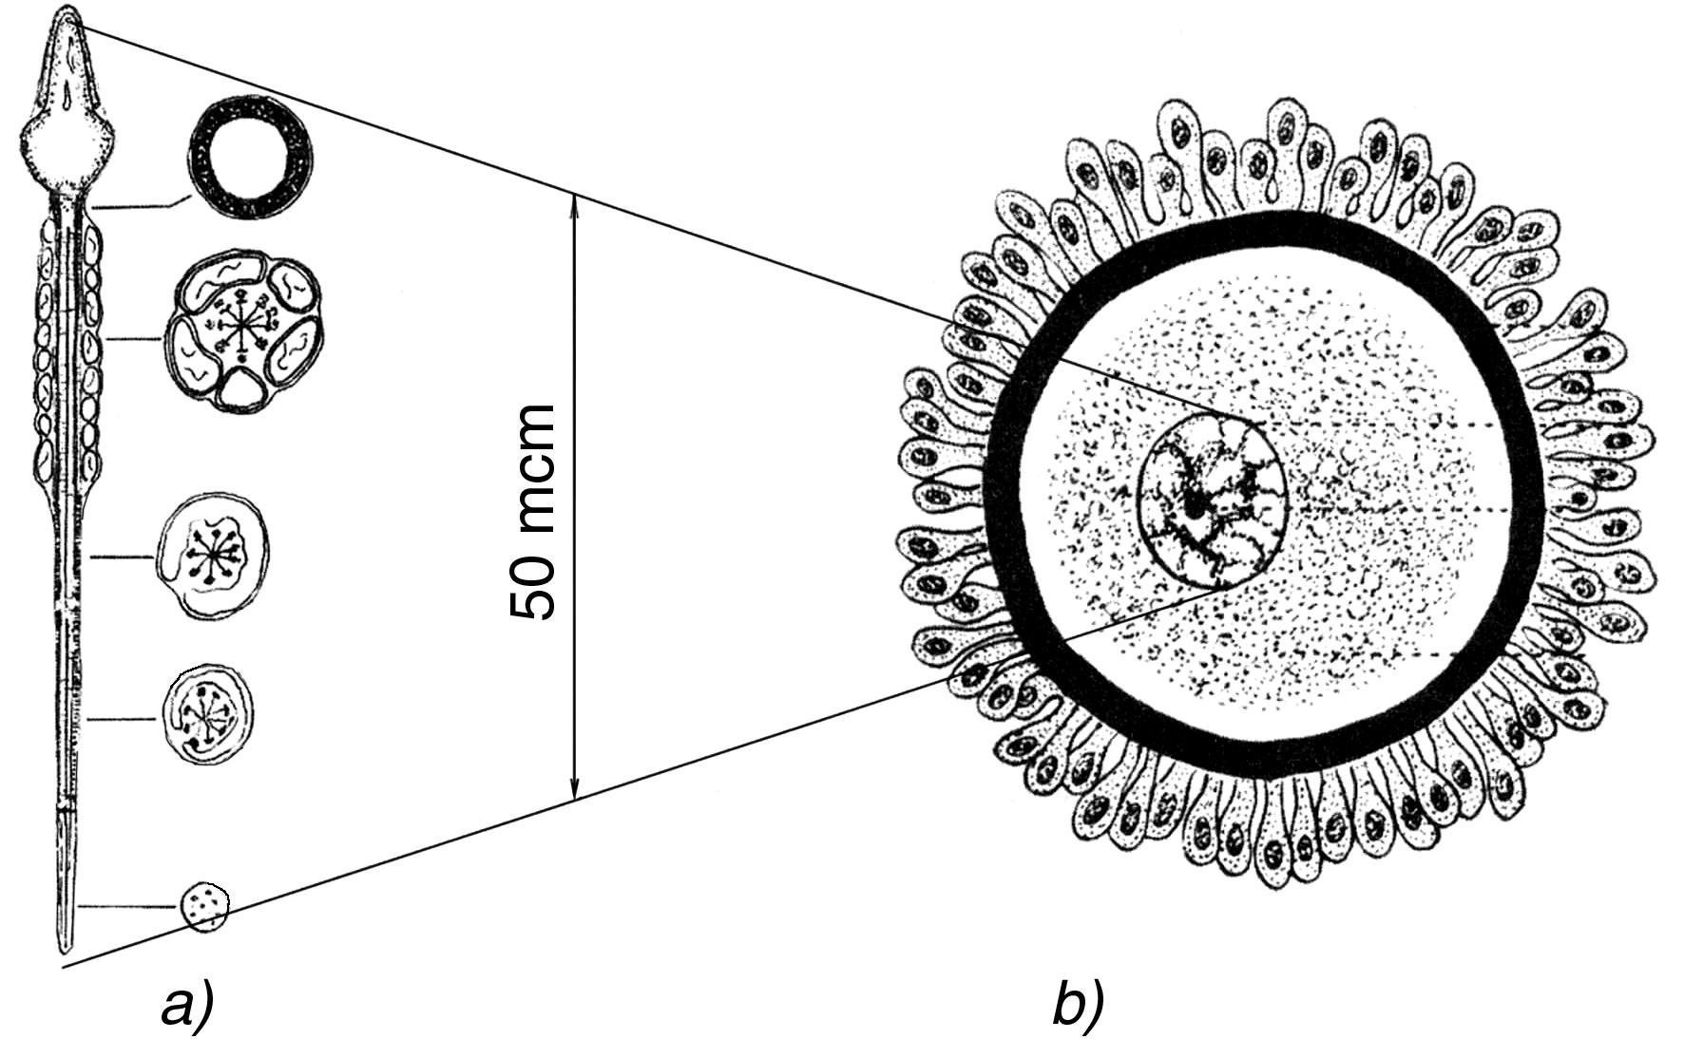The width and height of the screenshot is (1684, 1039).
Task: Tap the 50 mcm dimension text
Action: coord(532,513)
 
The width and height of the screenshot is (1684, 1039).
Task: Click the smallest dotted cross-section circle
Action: coord(205,905)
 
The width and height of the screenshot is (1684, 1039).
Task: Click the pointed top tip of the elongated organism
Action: coord(67,11)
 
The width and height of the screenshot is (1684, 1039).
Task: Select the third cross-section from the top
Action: coord(212,556)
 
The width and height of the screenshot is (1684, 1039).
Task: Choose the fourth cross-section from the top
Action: coord(208,716)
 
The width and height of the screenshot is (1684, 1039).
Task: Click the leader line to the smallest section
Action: coord(128,906)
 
